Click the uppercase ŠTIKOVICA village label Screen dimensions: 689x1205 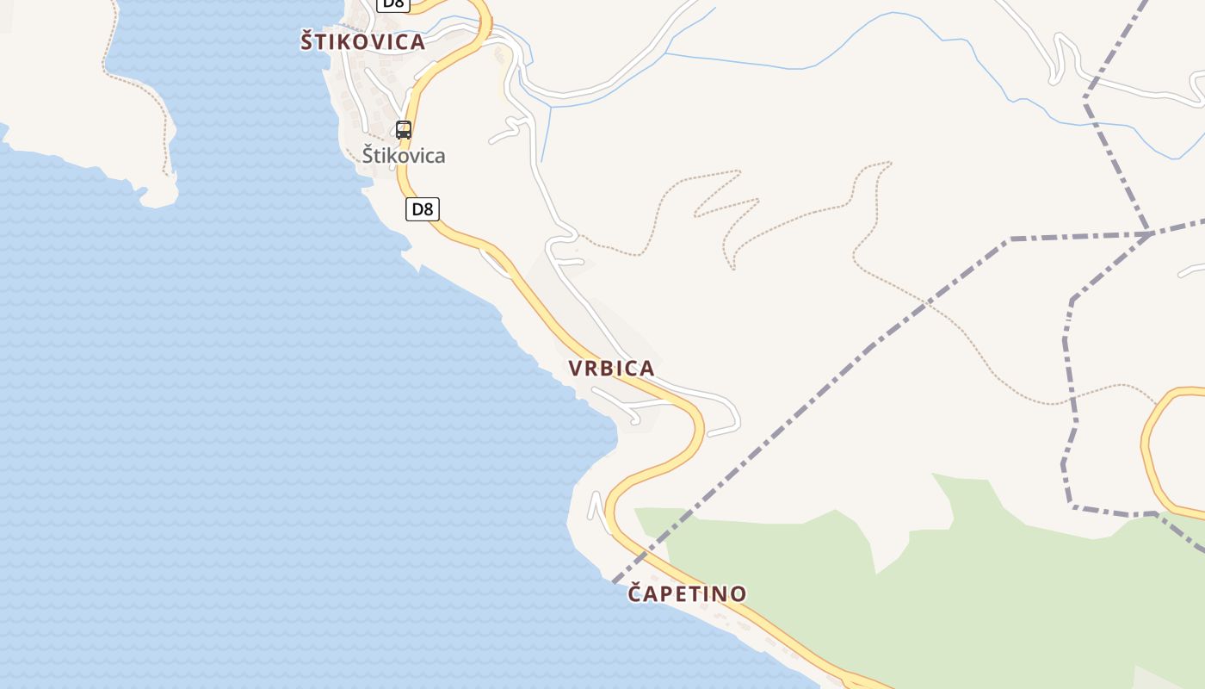click(x=362, y=41)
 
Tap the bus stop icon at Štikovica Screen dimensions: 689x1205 click(x=403, y=130)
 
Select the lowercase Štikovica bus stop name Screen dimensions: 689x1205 click(x=403, y=156)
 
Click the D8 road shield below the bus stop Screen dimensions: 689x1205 click(x=422, y=208)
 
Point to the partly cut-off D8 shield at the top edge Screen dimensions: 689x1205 click(x=392, y=3)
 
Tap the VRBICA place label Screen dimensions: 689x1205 click(x=611, y=369)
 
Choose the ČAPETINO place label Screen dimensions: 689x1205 click(x=687, y=593)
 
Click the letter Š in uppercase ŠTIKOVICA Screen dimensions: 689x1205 click(x=307, y=40)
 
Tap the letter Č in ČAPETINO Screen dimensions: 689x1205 click(x=636, y=593)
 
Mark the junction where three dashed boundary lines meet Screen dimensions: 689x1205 click(x=1150, y=233)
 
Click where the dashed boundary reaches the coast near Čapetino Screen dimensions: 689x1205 click(x=615, y=581)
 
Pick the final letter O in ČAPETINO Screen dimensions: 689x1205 click(x=738, y=593)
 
